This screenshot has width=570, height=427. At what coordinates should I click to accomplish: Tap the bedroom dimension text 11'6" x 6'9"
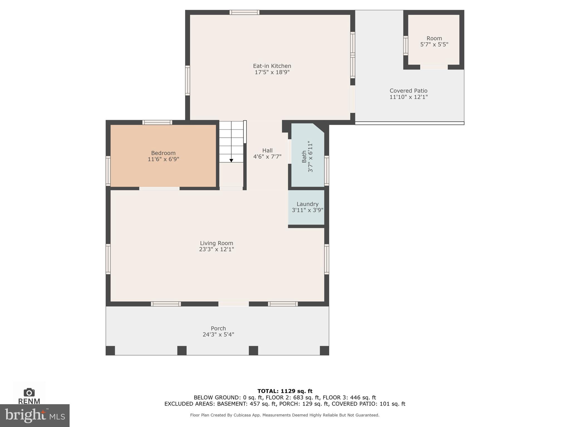pyautogui.click(x=163, y=159)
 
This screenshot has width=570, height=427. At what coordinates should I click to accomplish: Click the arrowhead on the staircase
pyautogui.click(x=231, y=160)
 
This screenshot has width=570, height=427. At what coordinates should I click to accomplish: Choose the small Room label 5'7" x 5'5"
pyautogui.click(x=434, y=41)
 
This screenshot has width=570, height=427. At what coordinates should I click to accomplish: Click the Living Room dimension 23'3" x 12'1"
pyautogui.click(x=217, y=249)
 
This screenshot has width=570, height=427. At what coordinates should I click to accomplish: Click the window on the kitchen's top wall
pyautogui.click(x=244, y=12)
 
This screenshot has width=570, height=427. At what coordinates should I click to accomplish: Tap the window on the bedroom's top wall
pyautogui.click(x=157, y=122)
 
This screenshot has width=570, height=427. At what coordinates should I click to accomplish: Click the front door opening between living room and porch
pyautogui.click(x=234, y=304)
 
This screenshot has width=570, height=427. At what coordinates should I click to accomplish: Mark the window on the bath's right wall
pyautogui.click(x=327, y=170)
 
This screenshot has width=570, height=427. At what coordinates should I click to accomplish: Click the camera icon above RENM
pyautogui.click(x=29, y=392)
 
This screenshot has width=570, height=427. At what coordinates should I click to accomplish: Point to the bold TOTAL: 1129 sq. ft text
pyautogui.click(x=285, y=391)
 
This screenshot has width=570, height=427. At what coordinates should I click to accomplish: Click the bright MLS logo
pyautogui.click(x=35, y=416)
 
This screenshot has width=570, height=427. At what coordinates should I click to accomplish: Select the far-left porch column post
pyautogui.click(x=110, y=351)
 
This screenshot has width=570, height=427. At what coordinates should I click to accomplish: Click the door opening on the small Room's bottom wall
pyautogui.click(x=434, y=67)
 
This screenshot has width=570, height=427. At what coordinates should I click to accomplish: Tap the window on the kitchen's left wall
pyautogui.click(x=188, y=81)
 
